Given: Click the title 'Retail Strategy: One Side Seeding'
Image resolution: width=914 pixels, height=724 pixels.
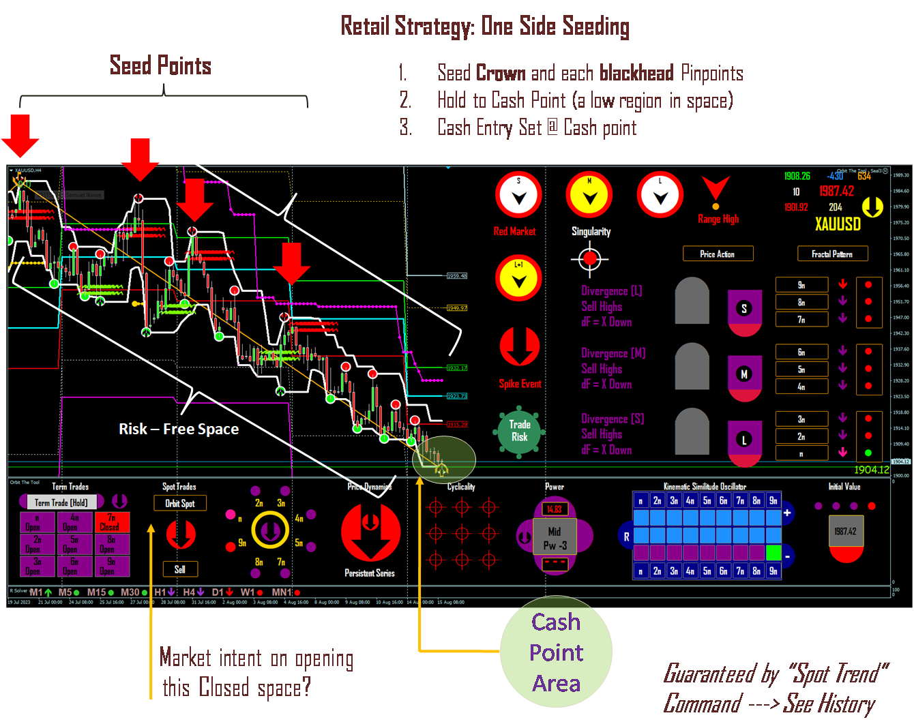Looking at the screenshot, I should (484, 27).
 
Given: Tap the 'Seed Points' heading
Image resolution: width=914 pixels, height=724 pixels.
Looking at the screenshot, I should (160, 66).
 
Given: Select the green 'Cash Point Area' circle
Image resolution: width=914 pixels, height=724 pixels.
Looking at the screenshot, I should (556, 652).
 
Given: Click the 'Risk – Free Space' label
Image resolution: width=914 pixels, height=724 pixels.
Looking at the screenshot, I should (179, 429).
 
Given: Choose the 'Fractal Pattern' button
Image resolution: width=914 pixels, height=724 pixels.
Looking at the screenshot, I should (832, 254).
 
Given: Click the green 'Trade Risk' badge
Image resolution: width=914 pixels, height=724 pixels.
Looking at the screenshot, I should (519, 431).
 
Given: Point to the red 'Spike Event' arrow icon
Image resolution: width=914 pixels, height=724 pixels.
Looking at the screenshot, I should (520, 347).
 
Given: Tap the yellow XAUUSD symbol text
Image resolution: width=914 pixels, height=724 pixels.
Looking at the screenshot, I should (838, 224).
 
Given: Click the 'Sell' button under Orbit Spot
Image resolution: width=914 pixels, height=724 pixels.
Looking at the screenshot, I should (180, 569).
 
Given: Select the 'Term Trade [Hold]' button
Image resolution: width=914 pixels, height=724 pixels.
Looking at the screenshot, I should (61, 502).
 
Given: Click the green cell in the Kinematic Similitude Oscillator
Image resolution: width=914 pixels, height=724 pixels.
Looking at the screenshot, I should (773, 552).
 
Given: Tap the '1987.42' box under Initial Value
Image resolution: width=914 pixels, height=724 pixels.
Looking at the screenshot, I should (846, 532).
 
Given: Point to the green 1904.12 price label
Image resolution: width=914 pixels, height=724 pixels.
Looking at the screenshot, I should (871, 470).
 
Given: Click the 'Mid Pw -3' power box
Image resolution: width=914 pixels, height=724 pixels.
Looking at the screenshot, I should (555, 538).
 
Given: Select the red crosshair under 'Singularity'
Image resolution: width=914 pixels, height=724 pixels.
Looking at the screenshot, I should (590, 258).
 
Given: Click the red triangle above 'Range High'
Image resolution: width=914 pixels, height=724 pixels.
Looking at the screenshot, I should (716, 188).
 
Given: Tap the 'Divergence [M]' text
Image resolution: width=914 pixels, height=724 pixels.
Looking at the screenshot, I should (613, 353).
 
